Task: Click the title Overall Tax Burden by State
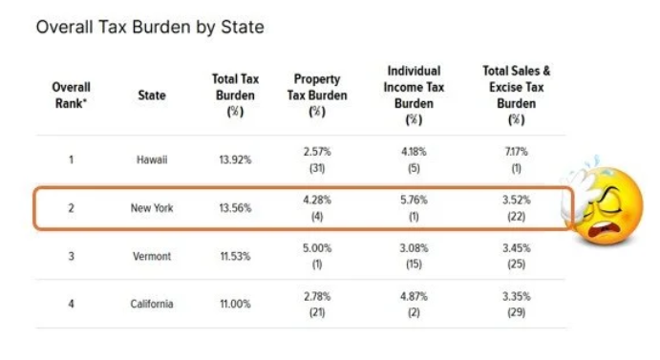(150, 28)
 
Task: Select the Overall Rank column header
(71, 95)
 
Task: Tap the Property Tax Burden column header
(317, 95)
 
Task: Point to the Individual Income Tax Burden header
(414, 95)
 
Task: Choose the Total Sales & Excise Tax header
(517, 95)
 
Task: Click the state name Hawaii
(152, 160)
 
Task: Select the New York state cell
(152, 208)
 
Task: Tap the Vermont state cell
(152, 257)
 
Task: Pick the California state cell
(152, 304)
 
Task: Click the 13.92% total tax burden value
(235, 160)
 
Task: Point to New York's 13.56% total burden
(235, 208)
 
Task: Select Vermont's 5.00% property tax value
(317, 248)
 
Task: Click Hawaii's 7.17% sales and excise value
(517, 152)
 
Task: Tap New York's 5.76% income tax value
(414, 200)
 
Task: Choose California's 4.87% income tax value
(414, 297)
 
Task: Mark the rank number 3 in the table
(71, 257)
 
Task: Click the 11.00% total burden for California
(235, 304)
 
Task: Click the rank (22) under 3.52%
(517, 217)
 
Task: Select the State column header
(152, 95)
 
